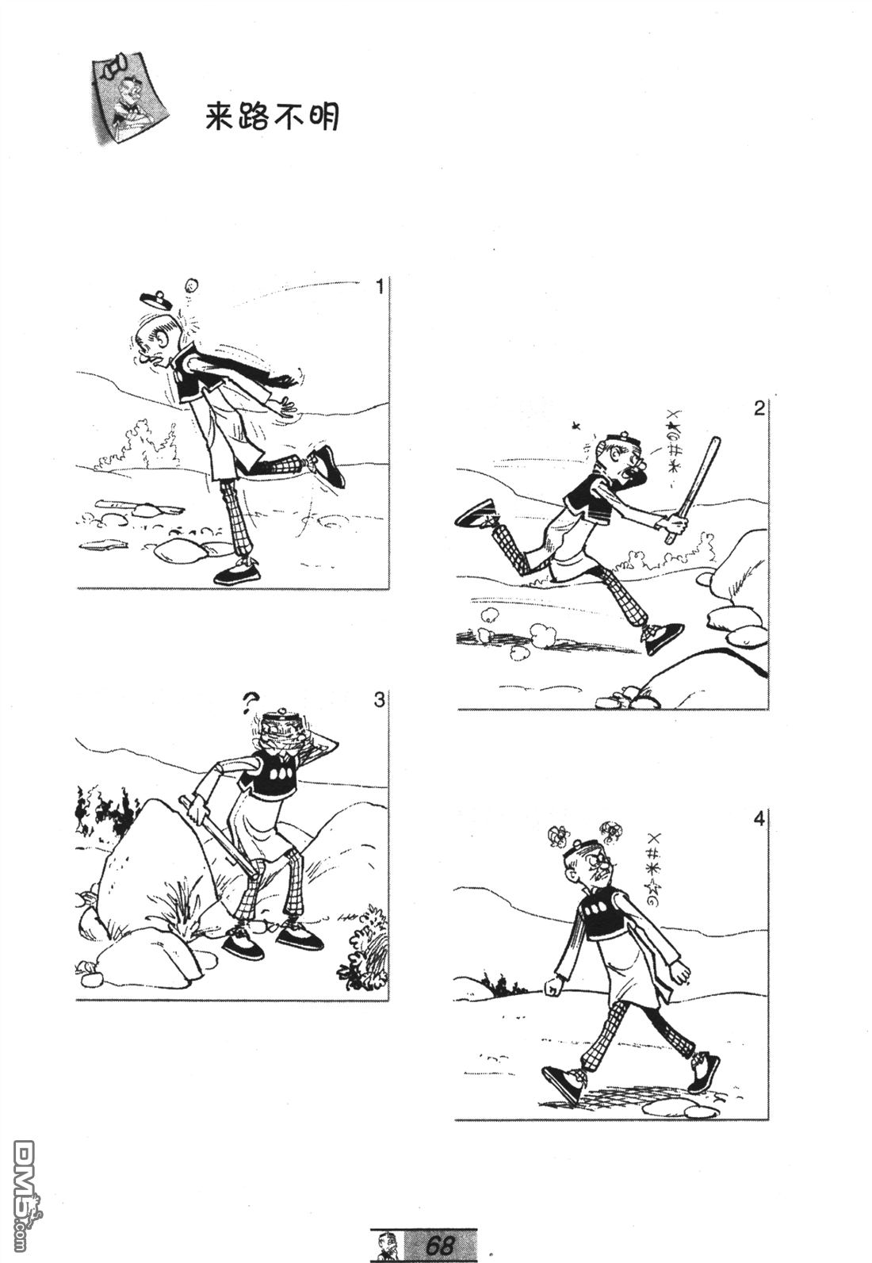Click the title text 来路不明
click(x=272, y=117)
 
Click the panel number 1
click(x=379, y=288)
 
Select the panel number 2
click(x=759, y=408)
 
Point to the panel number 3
click(x=379, y=700)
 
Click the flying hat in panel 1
click(x=155, y=299)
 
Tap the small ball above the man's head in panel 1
click(x=192, y=284)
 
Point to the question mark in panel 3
click(x=250, y=702)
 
